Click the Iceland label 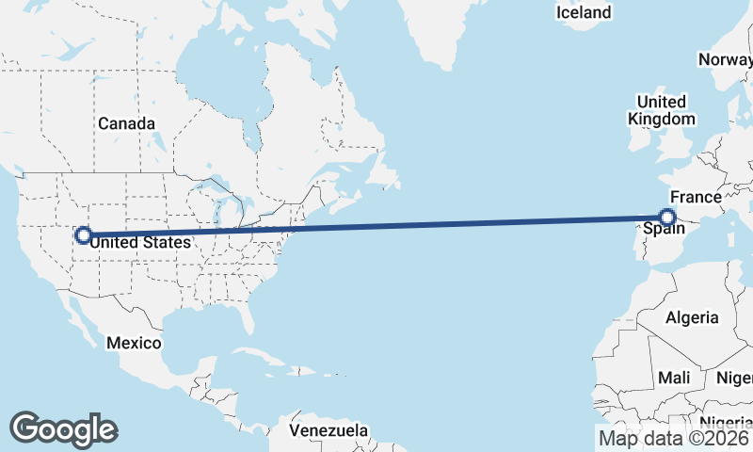[584, 12]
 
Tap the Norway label [725, 60]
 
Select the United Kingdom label [661, 110]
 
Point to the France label [695, 198]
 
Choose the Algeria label [692, 317]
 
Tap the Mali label [674, 377]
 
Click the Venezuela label [328, 429]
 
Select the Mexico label [134, 343]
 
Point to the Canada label [126, 123]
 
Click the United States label [141, 242]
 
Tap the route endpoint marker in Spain [667, 218]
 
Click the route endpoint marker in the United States [83, 234]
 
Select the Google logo [63, 428]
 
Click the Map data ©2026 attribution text [674, 437]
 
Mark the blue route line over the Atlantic [424, 226]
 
